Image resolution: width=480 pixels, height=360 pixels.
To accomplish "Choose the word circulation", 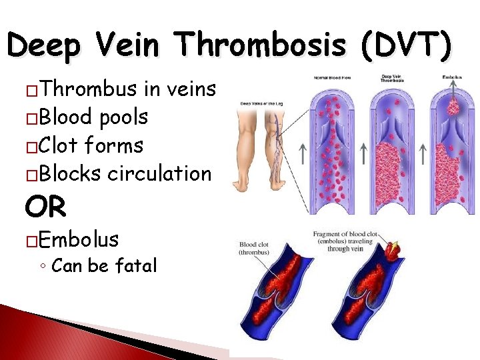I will (x=159, y=173).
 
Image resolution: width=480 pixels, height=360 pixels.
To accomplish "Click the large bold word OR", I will (x=45, y=207).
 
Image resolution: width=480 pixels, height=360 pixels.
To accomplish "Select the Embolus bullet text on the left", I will (x=79, y=239).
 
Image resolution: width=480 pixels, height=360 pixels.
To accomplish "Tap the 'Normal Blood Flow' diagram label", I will (x=333, y=77).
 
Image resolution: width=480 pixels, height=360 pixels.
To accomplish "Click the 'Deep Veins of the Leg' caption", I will (x=262, y=103).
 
